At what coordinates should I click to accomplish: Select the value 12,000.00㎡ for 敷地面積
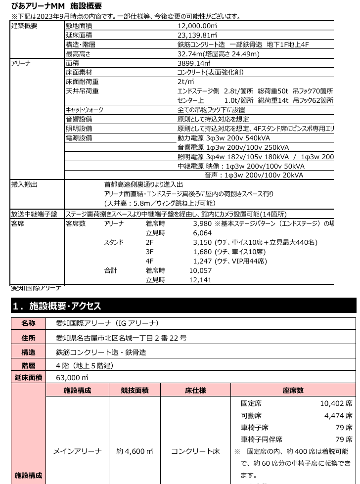tap(197, 25)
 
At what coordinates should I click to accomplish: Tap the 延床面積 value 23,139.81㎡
tap(197, 35)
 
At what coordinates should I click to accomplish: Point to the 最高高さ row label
tap(78, 54)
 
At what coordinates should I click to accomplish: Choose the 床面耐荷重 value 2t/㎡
tap(185, 82)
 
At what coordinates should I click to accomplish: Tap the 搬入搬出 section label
tap(24, 184)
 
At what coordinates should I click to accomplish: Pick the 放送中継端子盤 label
tap(34, 214)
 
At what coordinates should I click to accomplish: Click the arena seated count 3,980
tap(202, 223)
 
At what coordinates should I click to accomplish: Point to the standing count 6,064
tap(202, 233)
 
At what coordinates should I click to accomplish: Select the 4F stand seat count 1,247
tap(202, 261)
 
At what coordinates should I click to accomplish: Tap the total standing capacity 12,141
tap(200, 280)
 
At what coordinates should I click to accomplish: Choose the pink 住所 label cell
tap(28, 338)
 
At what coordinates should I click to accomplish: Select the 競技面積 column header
tap(135, 390)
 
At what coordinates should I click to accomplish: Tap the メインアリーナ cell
tap(77, 451)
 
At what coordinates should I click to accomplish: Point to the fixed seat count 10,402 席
tap(336, 404)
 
